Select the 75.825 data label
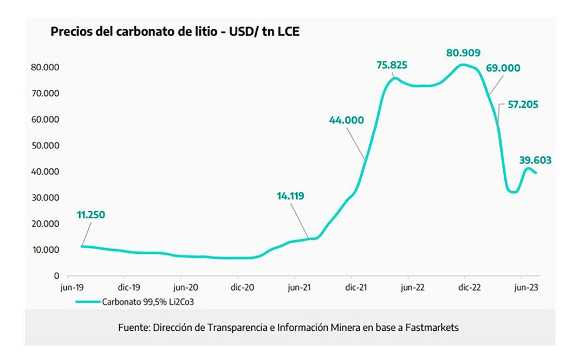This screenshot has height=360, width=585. point(392,66)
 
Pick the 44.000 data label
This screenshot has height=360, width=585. point(346,121)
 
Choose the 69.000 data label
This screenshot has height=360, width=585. point(503,68)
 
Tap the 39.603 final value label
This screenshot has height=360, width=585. point(535,160)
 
